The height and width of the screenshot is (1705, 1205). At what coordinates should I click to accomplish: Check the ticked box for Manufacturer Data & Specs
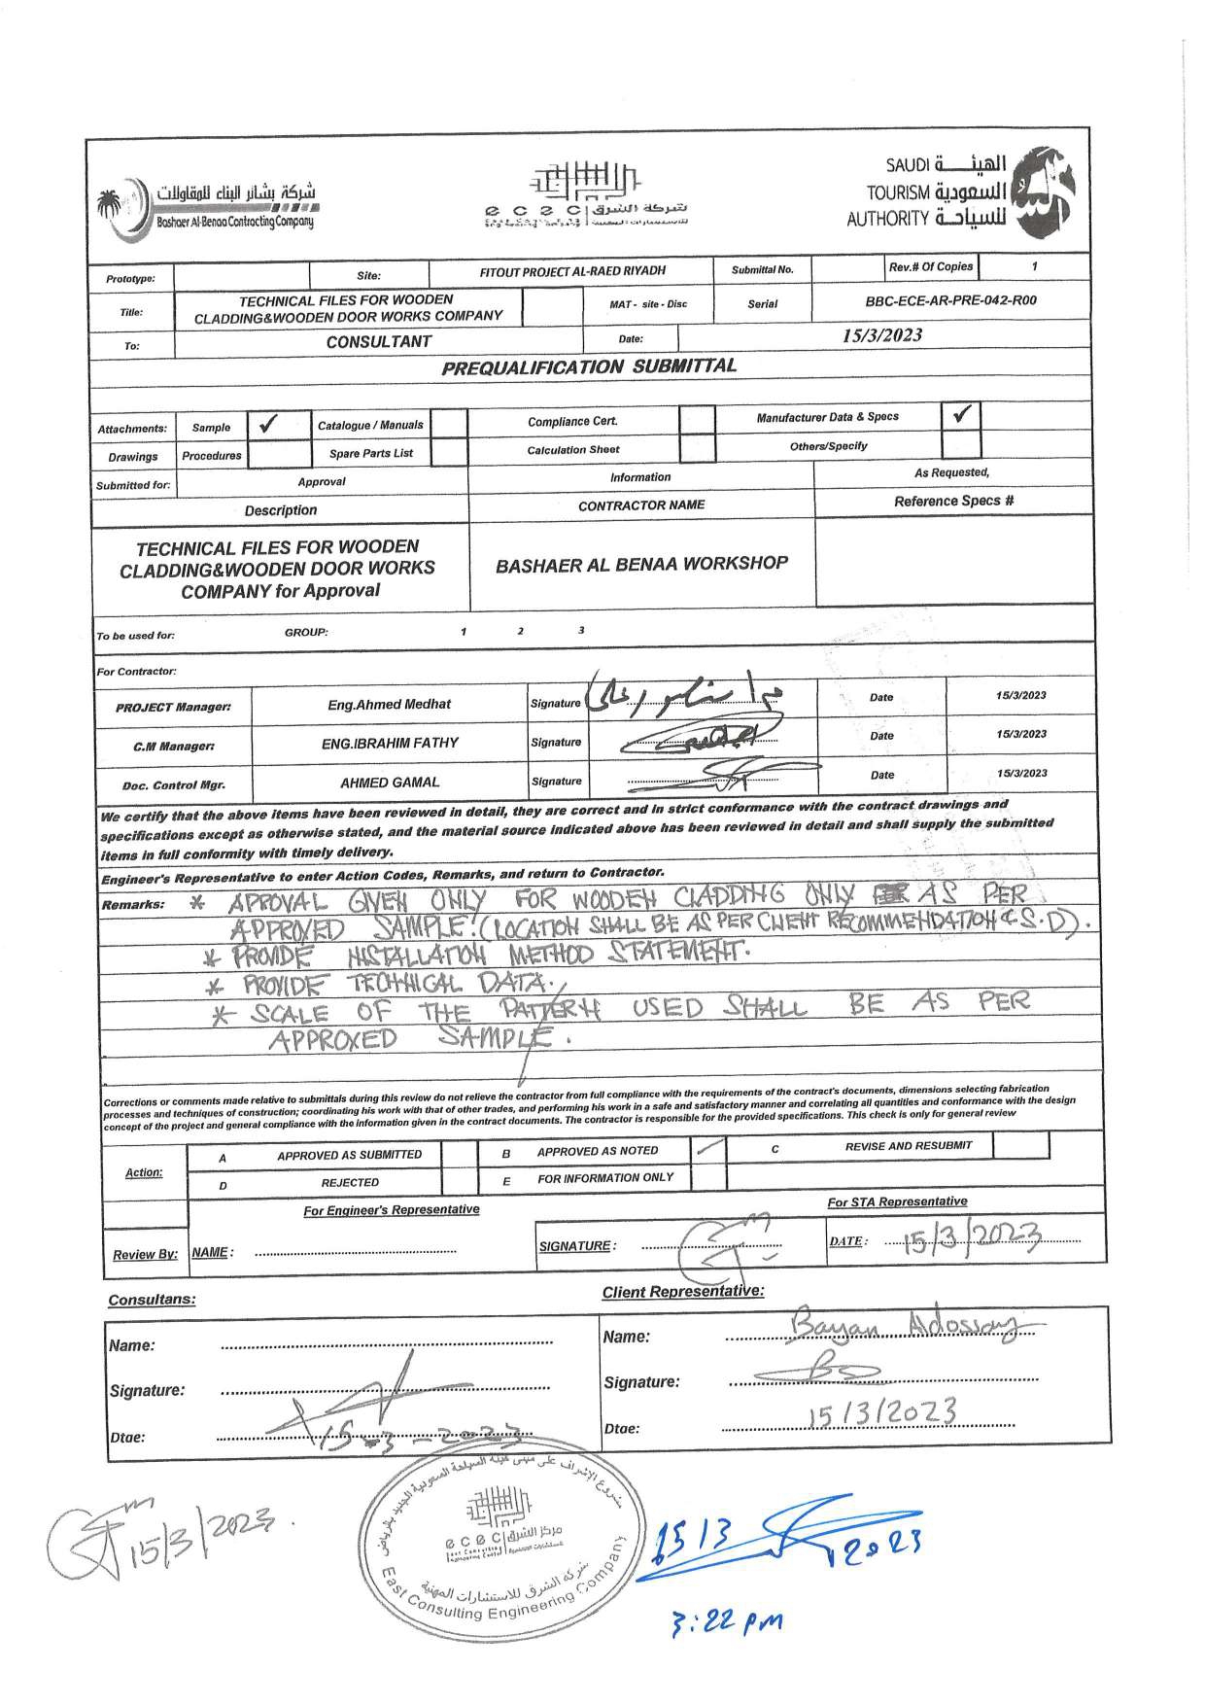point(961,415)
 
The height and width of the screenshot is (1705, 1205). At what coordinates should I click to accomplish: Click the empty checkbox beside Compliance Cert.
point(696,420)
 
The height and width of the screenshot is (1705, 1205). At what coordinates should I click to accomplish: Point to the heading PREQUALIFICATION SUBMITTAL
point(589,366)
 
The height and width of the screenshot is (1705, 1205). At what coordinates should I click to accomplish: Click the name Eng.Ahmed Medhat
point(389,704)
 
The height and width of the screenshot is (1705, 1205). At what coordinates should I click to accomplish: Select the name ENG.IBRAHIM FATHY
point(390,743)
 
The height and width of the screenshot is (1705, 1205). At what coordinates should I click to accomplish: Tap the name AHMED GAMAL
point(390,782)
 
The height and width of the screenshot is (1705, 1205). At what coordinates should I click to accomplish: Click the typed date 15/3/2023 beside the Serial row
point(882,335)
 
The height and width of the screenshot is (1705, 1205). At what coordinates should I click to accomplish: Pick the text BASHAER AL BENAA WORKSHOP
point(641,564)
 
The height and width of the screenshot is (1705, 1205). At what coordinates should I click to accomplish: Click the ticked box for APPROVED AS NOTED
point(707,1149)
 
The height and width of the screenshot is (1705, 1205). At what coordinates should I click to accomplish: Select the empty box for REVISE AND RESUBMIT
point(1021,1145)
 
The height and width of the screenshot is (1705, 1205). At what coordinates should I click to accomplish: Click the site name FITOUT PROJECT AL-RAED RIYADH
point(573,271)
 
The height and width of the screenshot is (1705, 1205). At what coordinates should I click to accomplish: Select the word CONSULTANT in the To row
point(379,342)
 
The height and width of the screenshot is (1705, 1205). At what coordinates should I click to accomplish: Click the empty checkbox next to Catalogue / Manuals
point(448,424)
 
